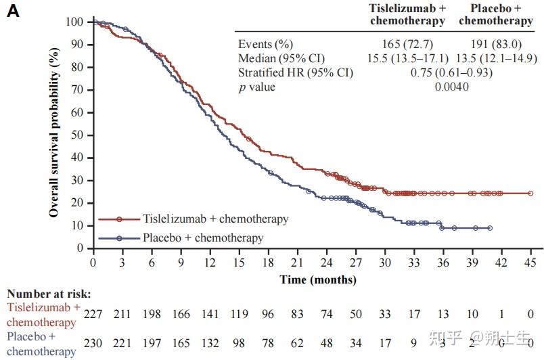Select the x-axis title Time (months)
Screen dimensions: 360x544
tap(318, 279)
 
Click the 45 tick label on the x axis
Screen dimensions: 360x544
tap(531, 263)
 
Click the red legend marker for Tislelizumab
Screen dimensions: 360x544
tap(119, 219)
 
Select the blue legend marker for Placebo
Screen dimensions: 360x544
tap(119, 238)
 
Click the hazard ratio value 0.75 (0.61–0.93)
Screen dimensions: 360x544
tap(452, 73)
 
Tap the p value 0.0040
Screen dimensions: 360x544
tap(452, 87)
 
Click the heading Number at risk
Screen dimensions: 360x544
tap(49, 294)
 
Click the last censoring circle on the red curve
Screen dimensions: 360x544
tap(531, 194)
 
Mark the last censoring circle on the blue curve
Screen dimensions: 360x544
tap(489, 228)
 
